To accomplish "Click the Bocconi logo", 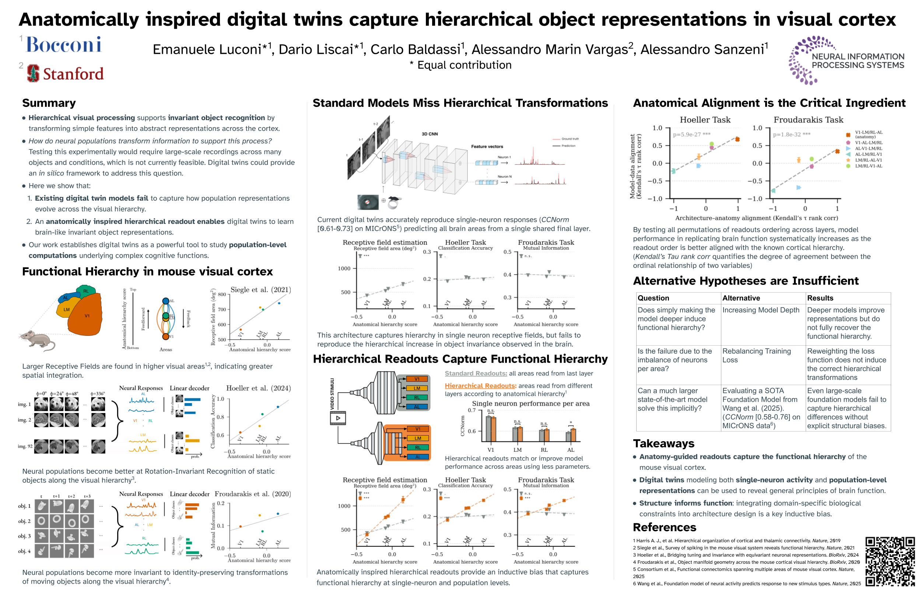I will (x=64, y=45).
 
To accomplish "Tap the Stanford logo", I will (x=66, y=74).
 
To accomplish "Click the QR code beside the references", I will (x=890, y=561).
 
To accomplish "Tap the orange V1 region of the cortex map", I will (x=87, y=315).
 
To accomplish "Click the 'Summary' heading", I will (x=49, y=103).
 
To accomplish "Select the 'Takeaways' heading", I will (x=663, y=443).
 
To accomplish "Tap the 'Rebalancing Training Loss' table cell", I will (x=756, y=355).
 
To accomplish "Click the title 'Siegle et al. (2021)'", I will (x=260, y=290).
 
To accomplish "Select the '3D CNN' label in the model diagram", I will (x=430, y=134).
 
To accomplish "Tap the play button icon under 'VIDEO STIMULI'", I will (x=338, y=418).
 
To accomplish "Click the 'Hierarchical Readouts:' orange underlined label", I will (x=480, y=385).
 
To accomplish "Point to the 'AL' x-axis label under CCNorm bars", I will (x=570, y=450).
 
